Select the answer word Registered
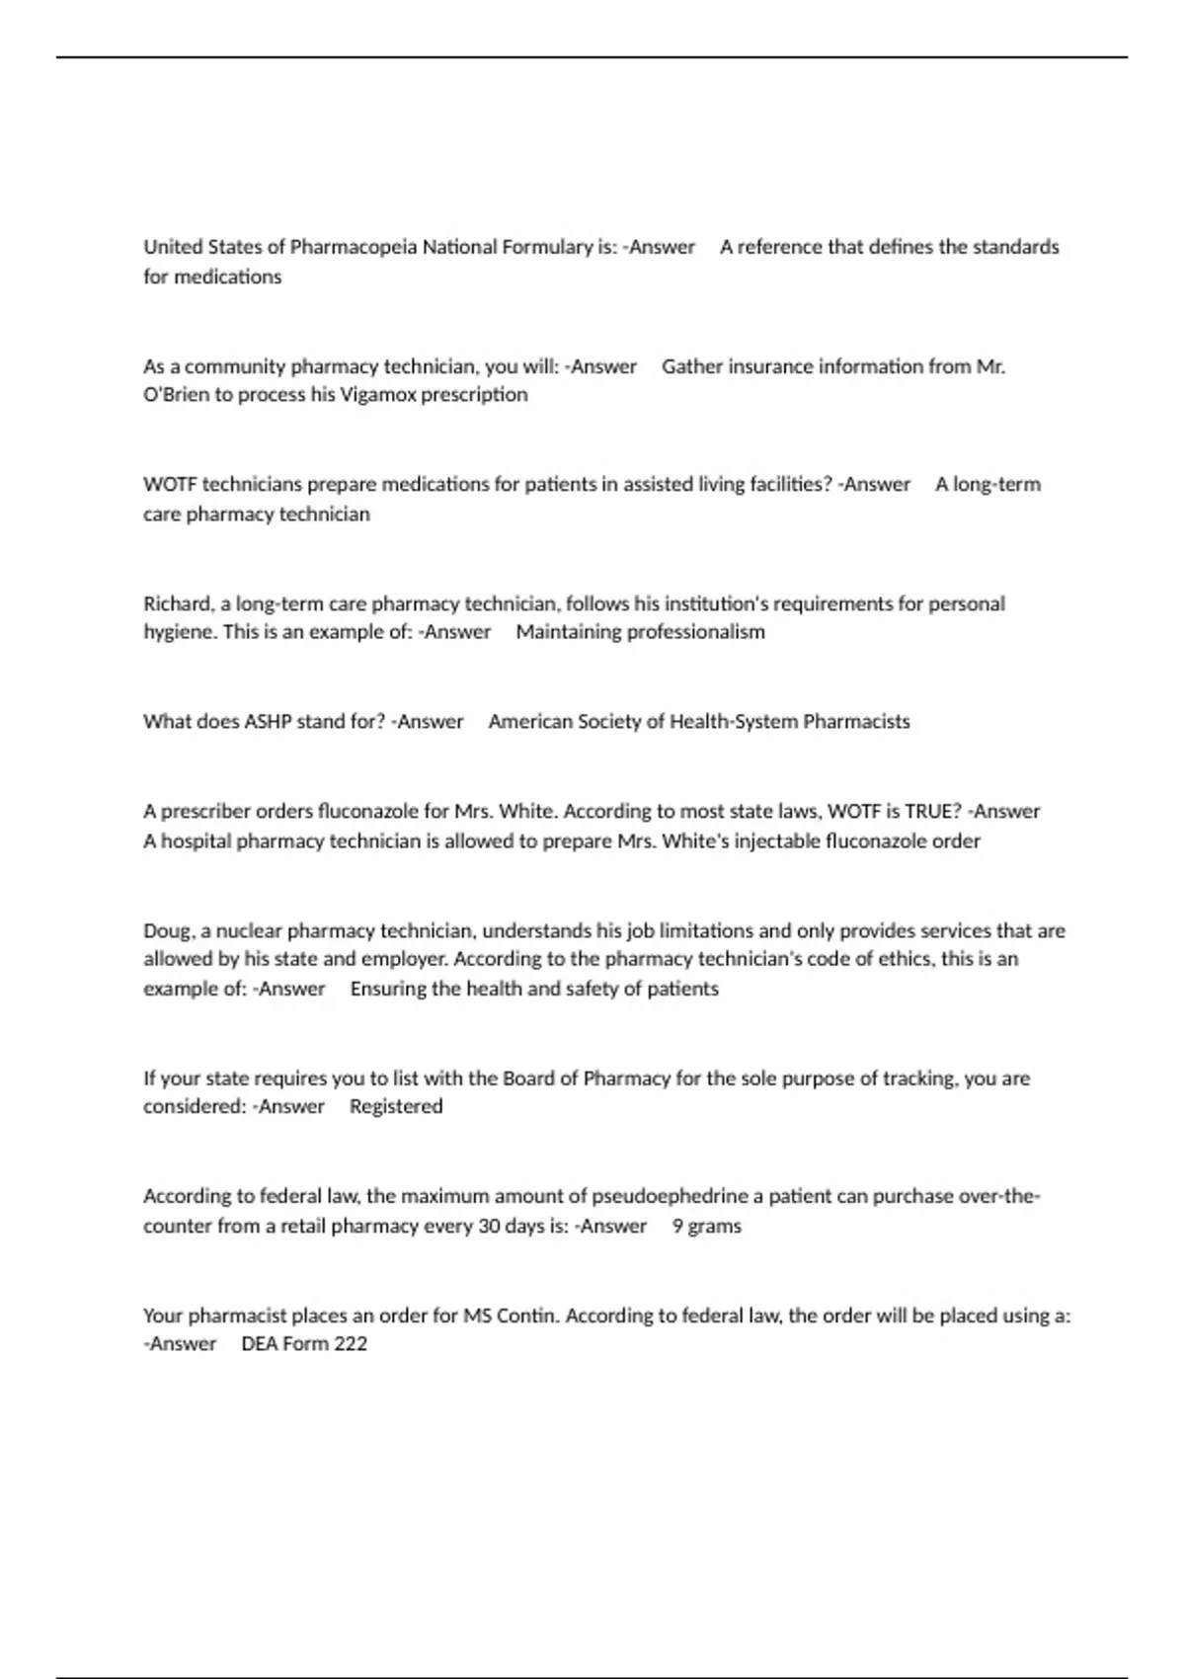pos(396,1107)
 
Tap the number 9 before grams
pos(677,1227)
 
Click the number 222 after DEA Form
pos(351,1344)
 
